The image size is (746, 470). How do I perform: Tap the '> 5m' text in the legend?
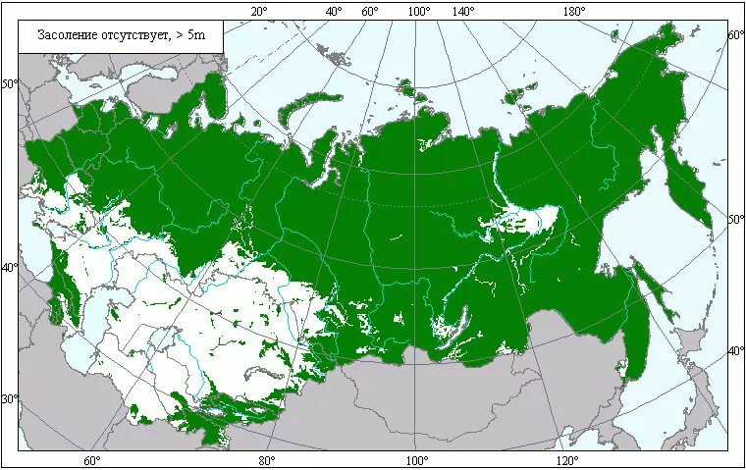tap(190, 36)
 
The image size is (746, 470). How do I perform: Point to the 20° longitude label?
tap(259, 11)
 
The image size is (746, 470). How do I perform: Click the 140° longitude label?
tap(463, 11)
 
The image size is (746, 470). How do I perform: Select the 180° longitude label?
tap(574, 11)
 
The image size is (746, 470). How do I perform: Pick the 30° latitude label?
tap(9, 399)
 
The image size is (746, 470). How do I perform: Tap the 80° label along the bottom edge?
tap(266, 460)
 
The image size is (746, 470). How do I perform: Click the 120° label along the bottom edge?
tap(566, 460)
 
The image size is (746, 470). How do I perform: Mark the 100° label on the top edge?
tap(419, 11)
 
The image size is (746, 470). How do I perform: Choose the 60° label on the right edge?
tap(736, 35)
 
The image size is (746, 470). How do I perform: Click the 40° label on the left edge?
tap(9, 267)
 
